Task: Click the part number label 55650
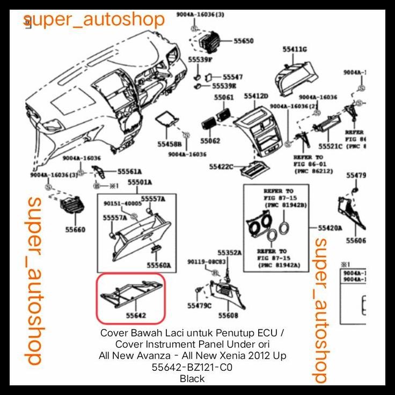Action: click(243, 41)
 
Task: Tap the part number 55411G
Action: click(295, 49)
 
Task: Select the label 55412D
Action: click(255, 96)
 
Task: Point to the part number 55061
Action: click(223, 98)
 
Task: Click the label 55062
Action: click(210, 141)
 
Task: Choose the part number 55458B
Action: click(170, 144)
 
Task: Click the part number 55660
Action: click(75, 230)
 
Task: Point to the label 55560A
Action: click(159, 265)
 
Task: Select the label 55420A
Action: click(330, 228)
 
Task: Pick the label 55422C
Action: click(222, 167)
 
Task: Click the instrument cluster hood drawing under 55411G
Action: click(295, 78)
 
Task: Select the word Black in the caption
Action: click(192, 379)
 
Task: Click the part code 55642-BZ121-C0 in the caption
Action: click(192, 368)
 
